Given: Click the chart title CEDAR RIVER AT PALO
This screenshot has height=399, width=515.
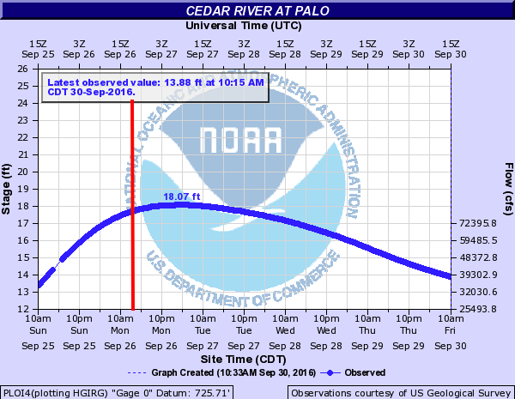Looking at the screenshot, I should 257,11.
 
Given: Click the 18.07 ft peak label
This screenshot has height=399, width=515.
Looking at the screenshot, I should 181,197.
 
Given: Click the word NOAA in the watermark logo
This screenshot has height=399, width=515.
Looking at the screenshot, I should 239,139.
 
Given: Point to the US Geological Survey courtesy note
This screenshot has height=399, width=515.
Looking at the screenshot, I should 400,392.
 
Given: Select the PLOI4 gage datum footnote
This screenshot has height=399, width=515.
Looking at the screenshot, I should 117,392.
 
